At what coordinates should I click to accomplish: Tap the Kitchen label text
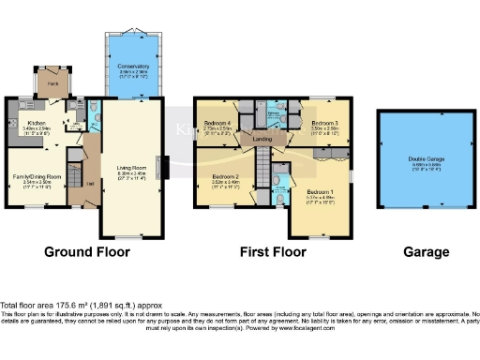[x=37, y=123]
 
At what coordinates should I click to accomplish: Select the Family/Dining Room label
[x=36, y=176]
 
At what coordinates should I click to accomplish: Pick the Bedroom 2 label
[x=224, y=177]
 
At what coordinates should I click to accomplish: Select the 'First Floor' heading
[x=275, y=251]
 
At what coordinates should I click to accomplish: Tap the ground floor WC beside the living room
[x=97, y=116]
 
